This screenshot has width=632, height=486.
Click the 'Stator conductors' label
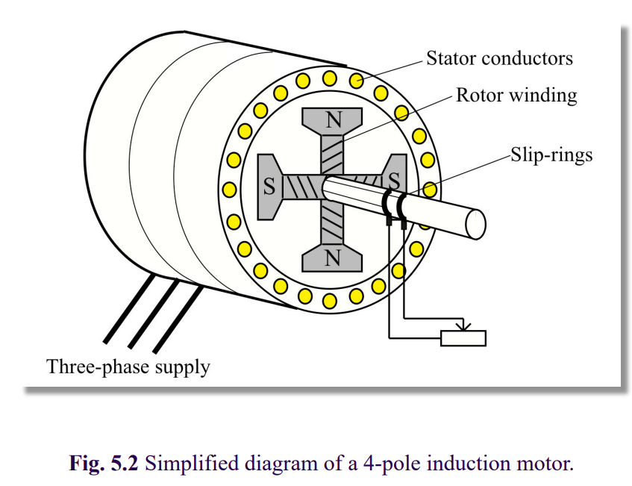(x=499, y=58)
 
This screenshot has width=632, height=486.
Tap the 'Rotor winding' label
(x=516, y=96)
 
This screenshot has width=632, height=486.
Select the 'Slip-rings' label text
(x=551, y=155)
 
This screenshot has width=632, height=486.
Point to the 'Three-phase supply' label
(x=128, y=367)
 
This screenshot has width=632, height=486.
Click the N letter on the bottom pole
(x=333, y=258)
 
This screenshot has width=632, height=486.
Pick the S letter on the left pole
(x=269, y=187)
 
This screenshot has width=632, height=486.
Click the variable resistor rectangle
(x=463, y=338)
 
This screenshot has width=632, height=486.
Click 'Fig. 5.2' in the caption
(x=104, y=463)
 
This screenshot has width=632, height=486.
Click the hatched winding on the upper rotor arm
(x=333, y=155)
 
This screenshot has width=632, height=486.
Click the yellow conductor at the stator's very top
(x=329, y=78)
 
